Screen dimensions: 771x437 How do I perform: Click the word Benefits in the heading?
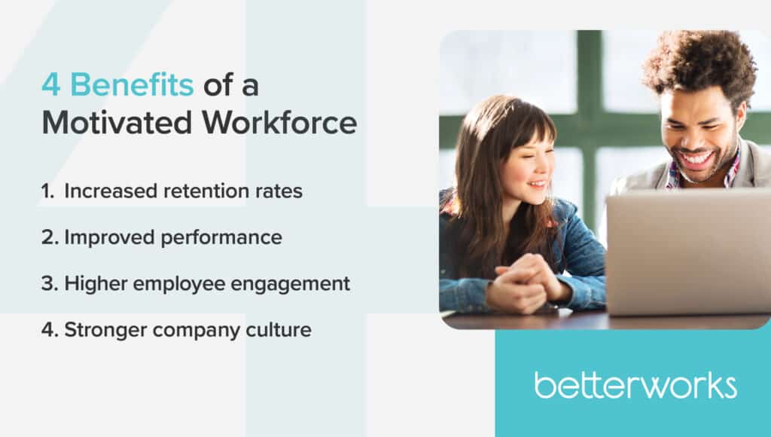132,84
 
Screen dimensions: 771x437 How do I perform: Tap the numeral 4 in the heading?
51,84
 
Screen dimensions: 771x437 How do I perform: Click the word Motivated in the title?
117,122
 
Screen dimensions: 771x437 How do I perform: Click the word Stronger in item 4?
105,330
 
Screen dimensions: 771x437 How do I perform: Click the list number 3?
50,283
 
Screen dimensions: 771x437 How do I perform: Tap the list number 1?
47,191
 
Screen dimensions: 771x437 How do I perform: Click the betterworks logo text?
635,385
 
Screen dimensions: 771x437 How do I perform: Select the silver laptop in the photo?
688,252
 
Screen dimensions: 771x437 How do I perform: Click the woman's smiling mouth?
537,184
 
